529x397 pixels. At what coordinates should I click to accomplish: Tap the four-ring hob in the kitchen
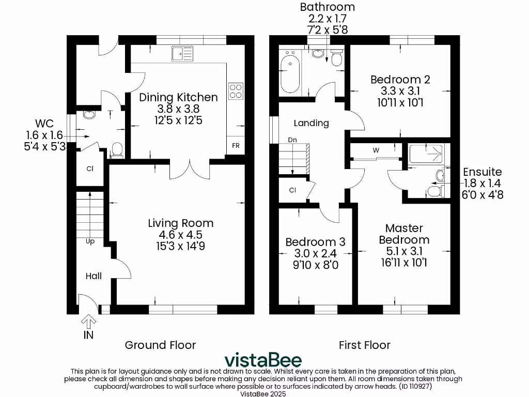pyautogui.click(x=236, y=91)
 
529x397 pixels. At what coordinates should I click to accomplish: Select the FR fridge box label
pyautogui.click(x=236, y=146)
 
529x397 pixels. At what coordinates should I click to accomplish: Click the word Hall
pyautogui.click(x=94, y=276)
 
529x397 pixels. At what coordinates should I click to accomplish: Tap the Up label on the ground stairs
pyautogui.click(x=90, y=241)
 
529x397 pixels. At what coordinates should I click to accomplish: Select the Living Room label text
pyautogui.click(x=180, y=223)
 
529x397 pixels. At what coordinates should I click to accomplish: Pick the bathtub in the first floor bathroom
pyautogui.click(x=290, y=73)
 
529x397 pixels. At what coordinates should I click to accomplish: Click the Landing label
pyautogui.click(x=311, y=123)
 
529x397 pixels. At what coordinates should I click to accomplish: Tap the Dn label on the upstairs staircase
pyautogui.click(x=292, y=140)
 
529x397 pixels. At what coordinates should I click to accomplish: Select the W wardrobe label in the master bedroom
pyautogui.click(x=376, y=150)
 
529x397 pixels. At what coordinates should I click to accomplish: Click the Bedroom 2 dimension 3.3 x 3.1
pyautogui.click(x=400, y=91)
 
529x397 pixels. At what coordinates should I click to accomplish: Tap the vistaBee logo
pyautogui.click(x=263, y=360)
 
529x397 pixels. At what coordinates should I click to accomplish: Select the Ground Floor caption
pyautogui.click(x=161, y=345)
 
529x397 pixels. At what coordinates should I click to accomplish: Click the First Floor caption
pyautogui.click(x=364, y=345)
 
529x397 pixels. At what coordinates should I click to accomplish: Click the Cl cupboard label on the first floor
pyautogui.click(x=292, y=190)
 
